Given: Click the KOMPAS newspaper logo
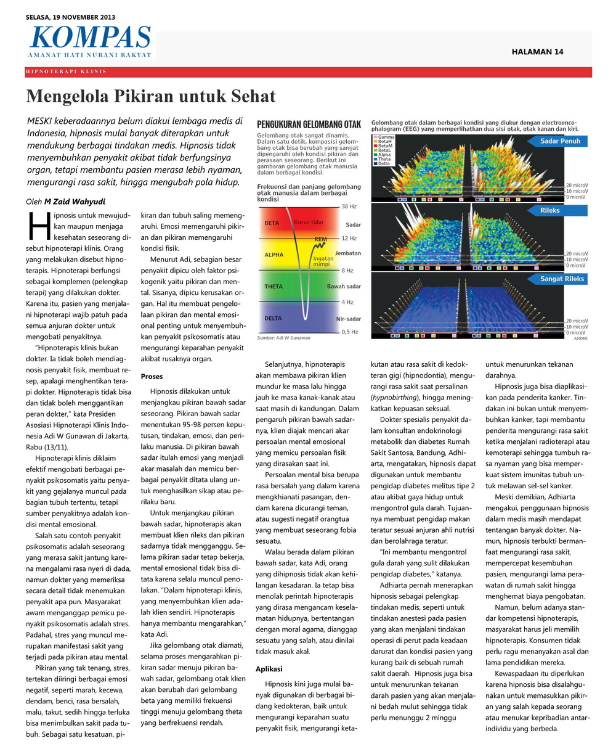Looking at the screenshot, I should coord(90,38).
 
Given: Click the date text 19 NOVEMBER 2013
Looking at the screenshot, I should coord(84,17).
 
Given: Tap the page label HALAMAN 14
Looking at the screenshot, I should coord(537,52).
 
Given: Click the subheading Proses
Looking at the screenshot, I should coord(152,376).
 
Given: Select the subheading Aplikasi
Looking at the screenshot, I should coord(269,668).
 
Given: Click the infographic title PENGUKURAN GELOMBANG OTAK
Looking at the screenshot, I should coord(309,124).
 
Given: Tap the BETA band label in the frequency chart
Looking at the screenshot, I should coord(272,223).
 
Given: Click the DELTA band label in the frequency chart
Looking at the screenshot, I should coord(273,318).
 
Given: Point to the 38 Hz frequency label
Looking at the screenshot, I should coord(349,206).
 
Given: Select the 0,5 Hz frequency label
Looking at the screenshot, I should coord(350,332).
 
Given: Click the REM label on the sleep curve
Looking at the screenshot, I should coord(320,239).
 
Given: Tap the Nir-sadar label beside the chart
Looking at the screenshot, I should coord(349,319).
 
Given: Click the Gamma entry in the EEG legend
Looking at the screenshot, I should coord(386,136).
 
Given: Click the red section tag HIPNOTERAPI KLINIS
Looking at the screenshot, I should coord(66,72).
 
